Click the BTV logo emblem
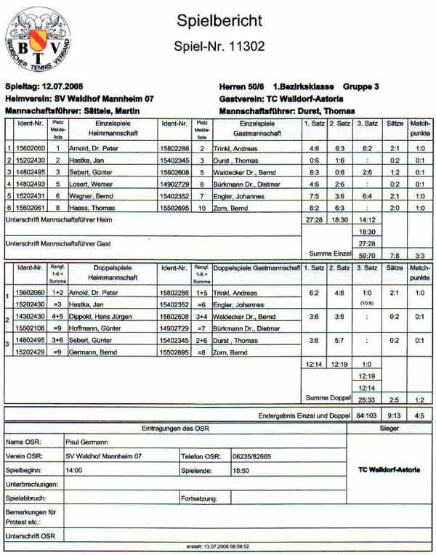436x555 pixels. point(39,42)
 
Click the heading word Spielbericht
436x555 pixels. point(219,21)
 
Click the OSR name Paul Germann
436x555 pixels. point(85,441)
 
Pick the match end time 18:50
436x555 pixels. point(241,470)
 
